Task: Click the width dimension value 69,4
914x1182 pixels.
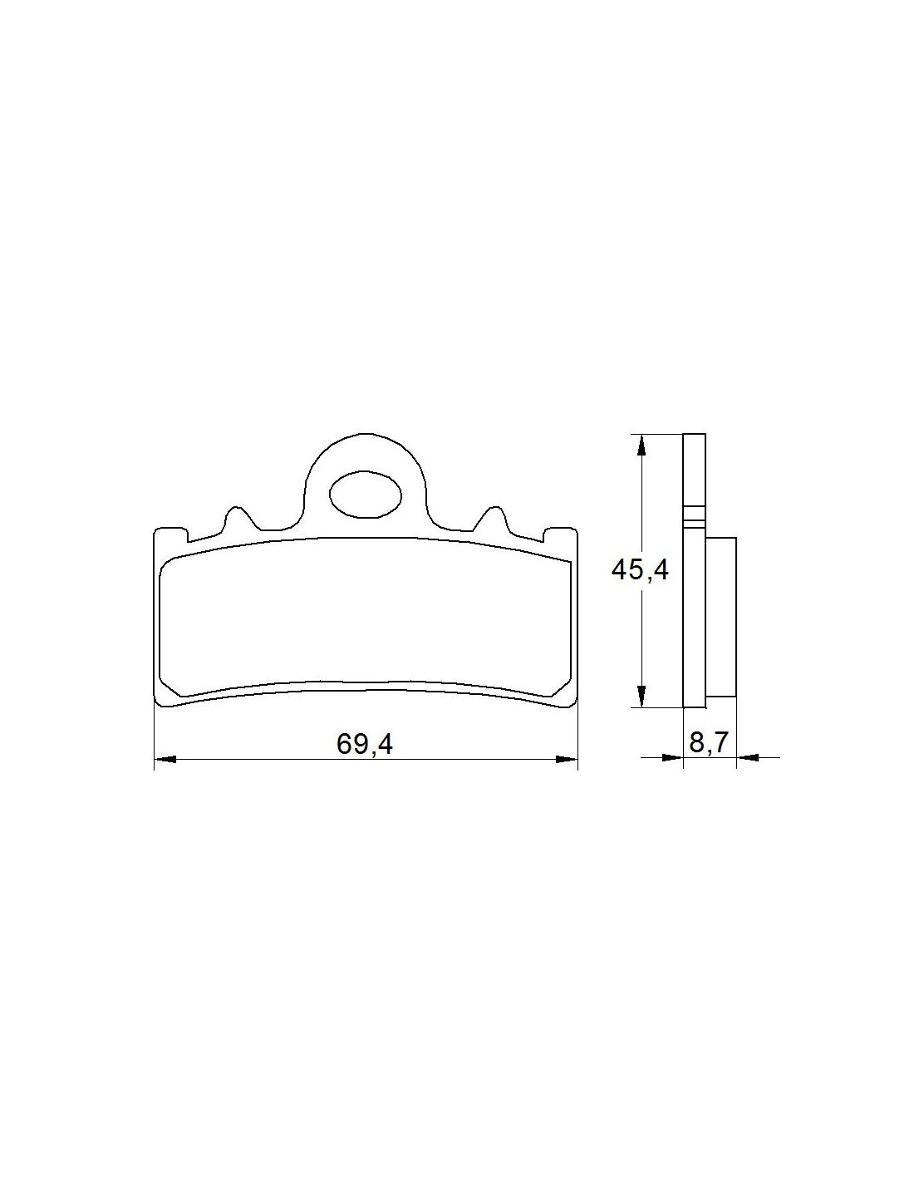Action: point(364,744)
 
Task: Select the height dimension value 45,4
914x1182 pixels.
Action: point(640,570)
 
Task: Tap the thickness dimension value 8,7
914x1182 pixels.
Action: point(708,742)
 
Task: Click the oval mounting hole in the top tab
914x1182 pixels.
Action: point(366,495)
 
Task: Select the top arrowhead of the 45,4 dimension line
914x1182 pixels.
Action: point(640,445)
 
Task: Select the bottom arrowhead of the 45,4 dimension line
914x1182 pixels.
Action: point(640,696)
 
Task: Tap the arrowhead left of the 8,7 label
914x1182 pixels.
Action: point(671,757)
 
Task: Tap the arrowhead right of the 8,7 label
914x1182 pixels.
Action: point(747,757)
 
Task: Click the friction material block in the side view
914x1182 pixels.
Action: point(720,616)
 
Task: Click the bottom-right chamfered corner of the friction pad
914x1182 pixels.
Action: point(563,687)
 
